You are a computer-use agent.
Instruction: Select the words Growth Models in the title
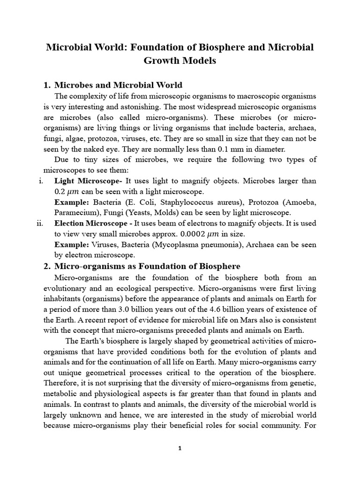[180, 61]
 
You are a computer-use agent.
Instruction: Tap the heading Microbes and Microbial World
[118, 85]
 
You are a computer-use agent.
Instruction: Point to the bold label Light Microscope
[87, 180]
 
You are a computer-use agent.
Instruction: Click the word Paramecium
[74, 212]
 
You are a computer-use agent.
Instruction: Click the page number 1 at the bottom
[180, 448]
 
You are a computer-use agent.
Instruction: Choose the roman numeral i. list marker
[41, 180]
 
